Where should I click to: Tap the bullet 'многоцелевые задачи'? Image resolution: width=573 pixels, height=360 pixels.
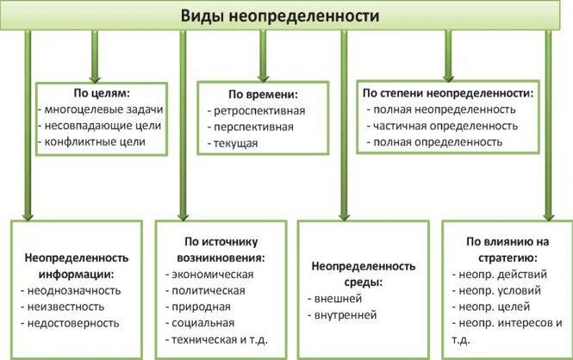(102, 109)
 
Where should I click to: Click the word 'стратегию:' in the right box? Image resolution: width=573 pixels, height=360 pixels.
(495, 258)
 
